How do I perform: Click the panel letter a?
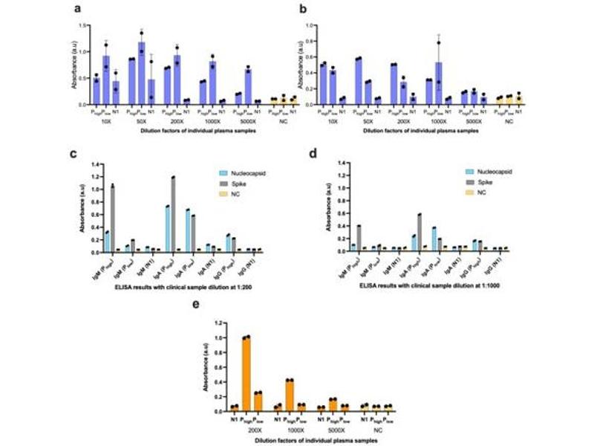tap(77, 10)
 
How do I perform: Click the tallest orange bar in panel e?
tap(246, 374)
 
